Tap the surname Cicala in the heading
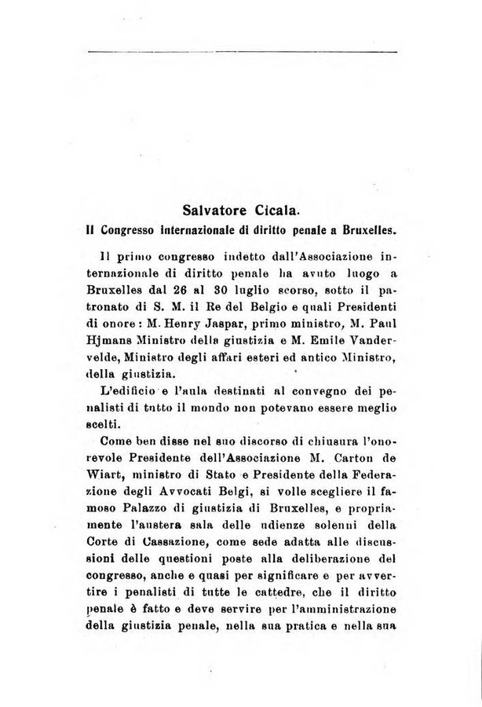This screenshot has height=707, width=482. [276, 211]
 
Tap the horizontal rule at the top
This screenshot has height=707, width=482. [243, 52]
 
